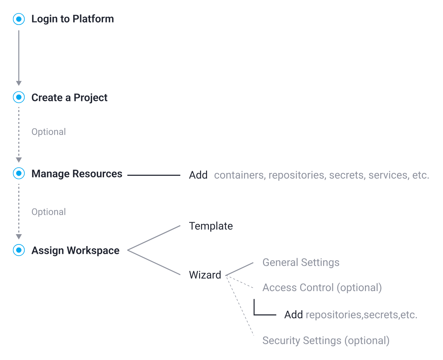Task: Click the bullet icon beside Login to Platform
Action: point(19,19)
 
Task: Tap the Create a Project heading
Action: point(69,97)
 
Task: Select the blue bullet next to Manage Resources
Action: point(19,173)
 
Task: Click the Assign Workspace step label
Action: point(75,250)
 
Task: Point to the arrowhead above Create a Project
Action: point(19,83)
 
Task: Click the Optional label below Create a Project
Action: point(49,132)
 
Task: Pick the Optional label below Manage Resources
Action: point(49,212)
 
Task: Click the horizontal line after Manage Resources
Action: point(154,175)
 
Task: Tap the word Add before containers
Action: point(198,175)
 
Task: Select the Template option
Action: point(211,226)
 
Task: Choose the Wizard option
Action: point(205,275)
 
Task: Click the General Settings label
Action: point(301,263)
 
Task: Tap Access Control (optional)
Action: point(322,288)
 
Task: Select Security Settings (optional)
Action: point(326,341)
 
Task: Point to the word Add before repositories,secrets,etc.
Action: point(293,315)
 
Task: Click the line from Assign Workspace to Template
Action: point(154,238)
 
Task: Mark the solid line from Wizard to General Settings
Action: point(239,269)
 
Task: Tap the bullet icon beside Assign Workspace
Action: point(19,250)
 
